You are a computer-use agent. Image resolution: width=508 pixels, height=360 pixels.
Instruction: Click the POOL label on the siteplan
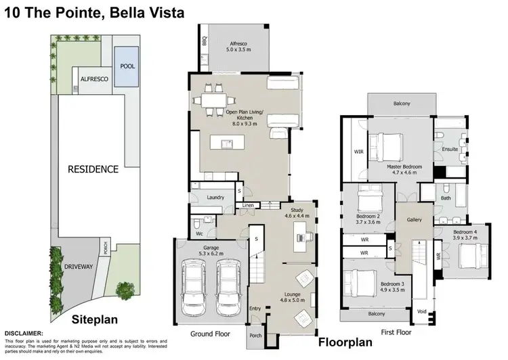(x=127, y=66)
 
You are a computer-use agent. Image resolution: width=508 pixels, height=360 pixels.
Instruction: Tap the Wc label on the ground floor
(x=199, y=234)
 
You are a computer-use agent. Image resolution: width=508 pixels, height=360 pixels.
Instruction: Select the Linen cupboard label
(x=248, y=205)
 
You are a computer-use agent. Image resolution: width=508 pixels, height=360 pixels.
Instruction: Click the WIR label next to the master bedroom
(x=358, y=152)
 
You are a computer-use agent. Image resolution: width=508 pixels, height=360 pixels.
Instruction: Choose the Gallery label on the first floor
(x=415, y=221)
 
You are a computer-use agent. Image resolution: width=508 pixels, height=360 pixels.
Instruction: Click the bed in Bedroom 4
(x=471, y=257)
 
